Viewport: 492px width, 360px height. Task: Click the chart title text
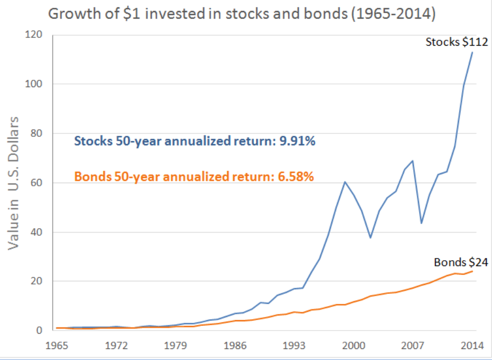(242, 14)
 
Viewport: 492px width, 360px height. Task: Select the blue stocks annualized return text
(195, 141)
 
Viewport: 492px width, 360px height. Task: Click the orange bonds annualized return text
(194, 176)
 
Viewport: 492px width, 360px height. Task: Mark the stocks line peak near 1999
(345, 182)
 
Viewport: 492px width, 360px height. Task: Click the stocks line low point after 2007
(422, 223)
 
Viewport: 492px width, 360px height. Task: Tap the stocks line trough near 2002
(371, 238)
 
